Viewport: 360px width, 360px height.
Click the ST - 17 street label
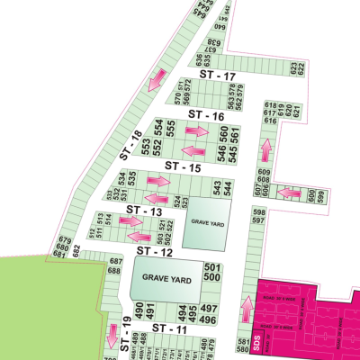coord(218,76)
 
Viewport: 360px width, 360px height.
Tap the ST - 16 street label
coord(206,116)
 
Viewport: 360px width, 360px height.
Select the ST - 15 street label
coord(183,166)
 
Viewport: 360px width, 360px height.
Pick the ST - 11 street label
coord(168,330)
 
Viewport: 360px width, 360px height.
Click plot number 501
coord(212,268)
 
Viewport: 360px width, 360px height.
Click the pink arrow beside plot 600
coord(290,193)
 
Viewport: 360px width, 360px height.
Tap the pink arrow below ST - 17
coord(155,79)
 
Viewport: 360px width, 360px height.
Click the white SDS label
coord(256,343)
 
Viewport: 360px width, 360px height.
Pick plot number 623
coord(292,66)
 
